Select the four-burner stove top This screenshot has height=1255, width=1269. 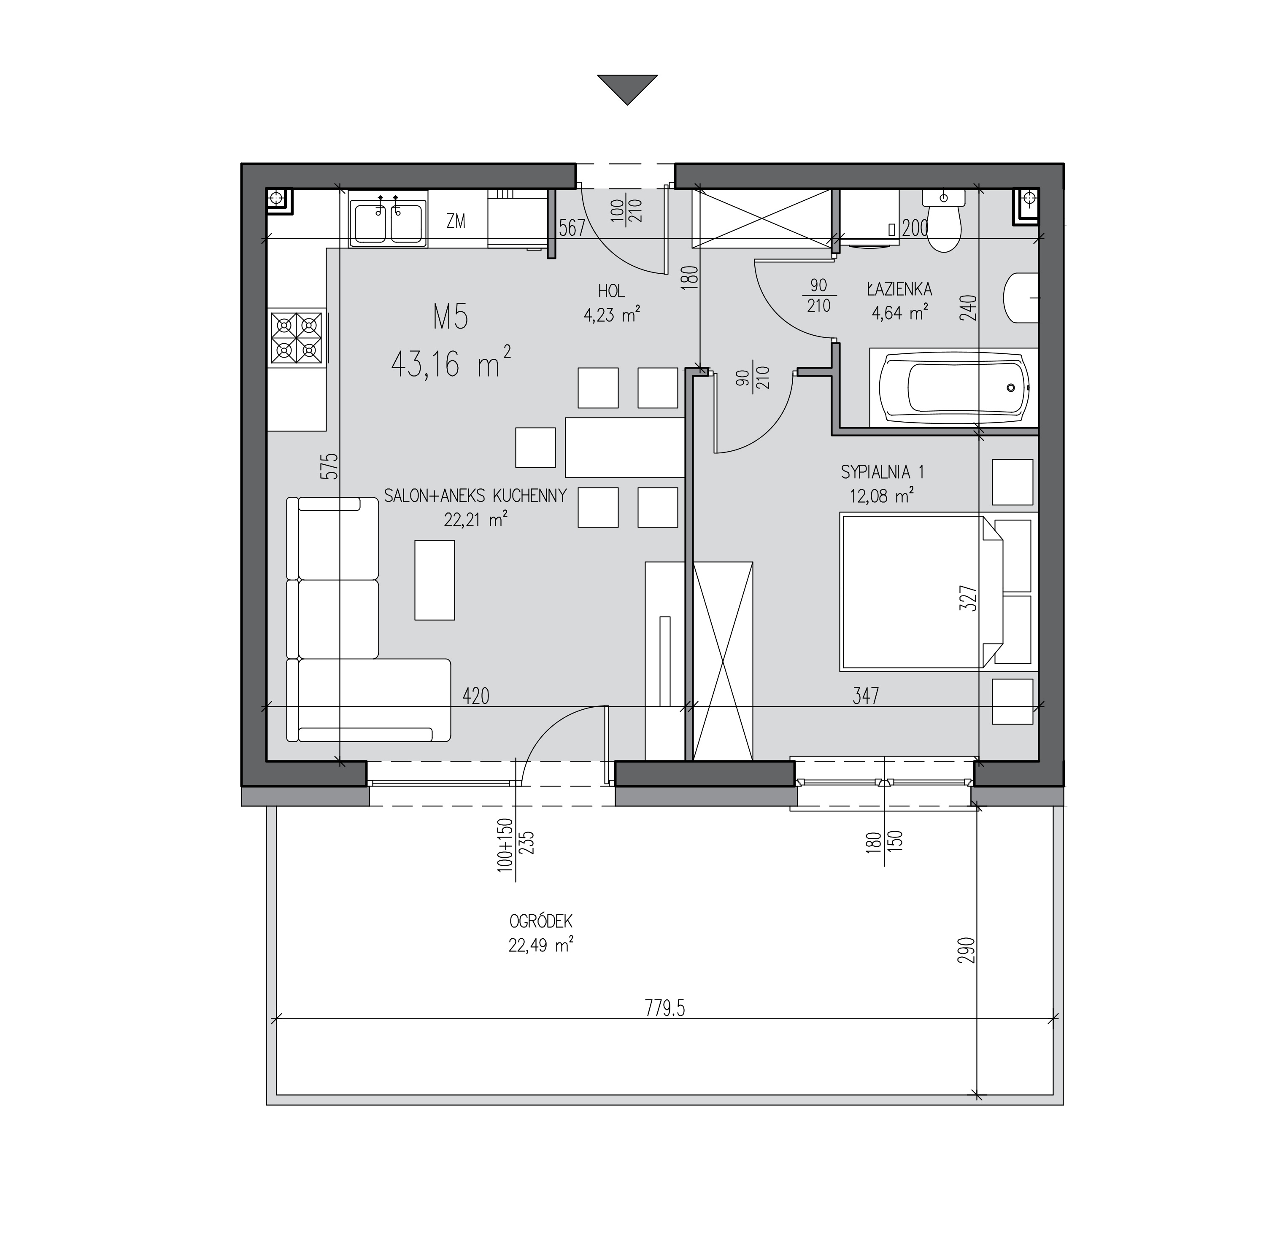(297, 337)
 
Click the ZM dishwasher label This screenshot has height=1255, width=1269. (456, 222)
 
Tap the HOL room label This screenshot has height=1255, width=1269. (612, 291)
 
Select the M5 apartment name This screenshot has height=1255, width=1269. (451, 318)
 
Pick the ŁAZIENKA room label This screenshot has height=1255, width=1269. (899, 288)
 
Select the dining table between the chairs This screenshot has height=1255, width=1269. (625, 447)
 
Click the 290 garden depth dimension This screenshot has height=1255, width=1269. (971, 950)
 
